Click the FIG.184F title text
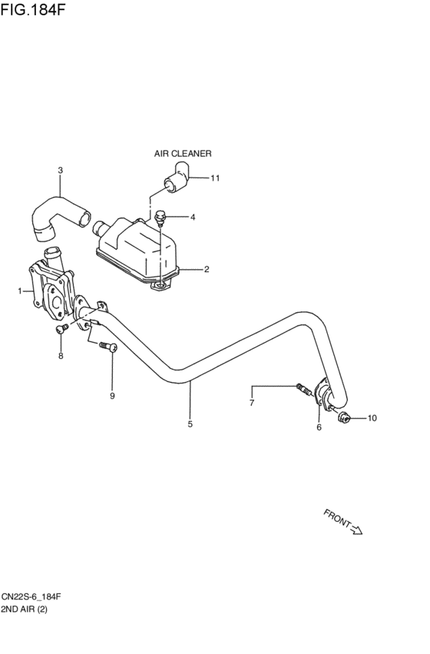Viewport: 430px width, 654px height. coord(32,9)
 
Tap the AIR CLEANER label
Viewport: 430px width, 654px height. coord(183,154)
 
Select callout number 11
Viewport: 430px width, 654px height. coord(214,178)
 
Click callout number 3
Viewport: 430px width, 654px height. coord(61,170)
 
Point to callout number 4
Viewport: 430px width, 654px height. coord(193,217)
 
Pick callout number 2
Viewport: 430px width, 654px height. coord(207,270)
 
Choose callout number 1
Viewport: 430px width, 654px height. coord(20,290)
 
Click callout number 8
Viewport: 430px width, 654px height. coord(61,356)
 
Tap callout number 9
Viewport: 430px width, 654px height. coord(112,396)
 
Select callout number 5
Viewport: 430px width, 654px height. coord(190,424)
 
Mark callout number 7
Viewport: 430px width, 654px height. coord(252,403)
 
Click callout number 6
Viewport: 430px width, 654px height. coord(319,427)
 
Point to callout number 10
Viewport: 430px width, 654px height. coord(372,418)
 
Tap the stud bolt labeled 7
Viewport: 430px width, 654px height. coord(304,390)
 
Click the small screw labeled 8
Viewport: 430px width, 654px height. coord(61,329)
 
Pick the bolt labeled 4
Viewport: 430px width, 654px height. coord(160,217)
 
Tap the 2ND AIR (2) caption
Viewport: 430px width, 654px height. coord(24,609)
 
